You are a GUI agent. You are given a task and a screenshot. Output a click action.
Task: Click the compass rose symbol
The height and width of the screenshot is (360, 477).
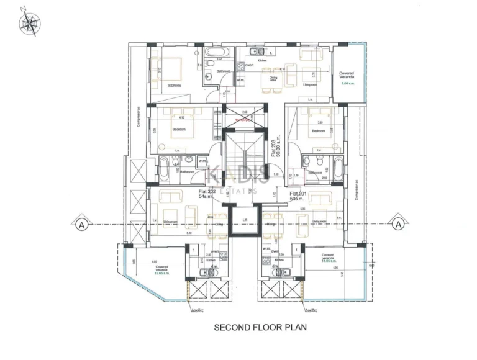(29, 22)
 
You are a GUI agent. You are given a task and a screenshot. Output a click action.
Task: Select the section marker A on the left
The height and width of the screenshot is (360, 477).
(80, 225)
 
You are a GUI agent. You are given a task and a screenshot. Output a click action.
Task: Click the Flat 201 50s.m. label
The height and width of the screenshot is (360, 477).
(299, 197)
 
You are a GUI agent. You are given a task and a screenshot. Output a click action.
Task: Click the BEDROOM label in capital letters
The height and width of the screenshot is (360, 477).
(173, 86)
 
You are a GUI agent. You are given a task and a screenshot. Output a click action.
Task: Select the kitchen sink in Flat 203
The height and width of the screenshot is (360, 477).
(256, 52)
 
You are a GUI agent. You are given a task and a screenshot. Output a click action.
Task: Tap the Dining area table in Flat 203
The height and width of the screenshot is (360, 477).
(273, 79)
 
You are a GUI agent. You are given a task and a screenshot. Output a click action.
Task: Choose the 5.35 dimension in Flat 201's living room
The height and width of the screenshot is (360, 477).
(302, 209)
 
